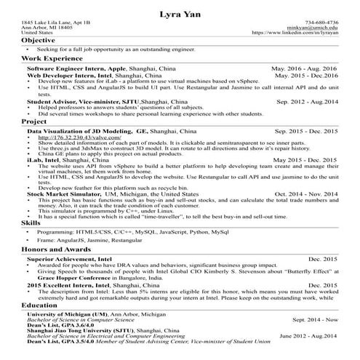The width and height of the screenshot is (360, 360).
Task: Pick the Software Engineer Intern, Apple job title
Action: pos(77,68)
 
